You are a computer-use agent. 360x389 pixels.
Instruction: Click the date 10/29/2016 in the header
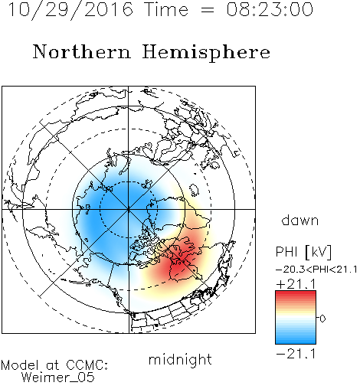coord(70,10)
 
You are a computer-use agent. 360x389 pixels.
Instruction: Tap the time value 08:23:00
coord(270,9)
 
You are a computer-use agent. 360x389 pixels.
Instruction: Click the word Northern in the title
coord(82,52)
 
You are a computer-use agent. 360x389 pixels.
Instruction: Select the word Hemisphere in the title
coord(206,53)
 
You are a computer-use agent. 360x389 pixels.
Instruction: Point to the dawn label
coord(300,220)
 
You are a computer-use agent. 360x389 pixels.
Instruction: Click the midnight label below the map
coord(180,359)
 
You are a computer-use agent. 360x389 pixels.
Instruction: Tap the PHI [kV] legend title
coord(303,252)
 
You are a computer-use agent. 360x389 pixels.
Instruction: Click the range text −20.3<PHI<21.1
coord(316,270)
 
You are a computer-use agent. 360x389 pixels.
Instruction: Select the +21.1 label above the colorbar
coord(296,284)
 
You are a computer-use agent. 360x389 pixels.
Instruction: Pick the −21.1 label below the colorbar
coord(296,355)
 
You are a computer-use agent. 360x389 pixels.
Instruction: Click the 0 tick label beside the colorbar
coord(322,319)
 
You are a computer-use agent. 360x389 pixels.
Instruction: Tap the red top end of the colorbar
coord(296,293)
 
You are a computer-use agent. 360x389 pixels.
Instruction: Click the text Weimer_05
coord(58,378)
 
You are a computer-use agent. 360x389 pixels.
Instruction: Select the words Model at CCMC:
coord(54,365)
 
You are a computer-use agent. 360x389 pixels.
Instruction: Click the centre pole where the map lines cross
coord(128,209)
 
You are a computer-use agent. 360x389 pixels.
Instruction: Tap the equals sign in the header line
coord(207,10)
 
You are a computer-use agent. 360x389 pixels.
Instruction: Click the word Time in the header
coord(166,9)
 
